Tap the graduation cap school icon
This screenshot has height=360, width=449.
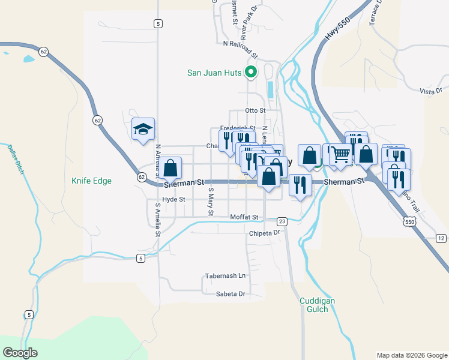click(x=143, y=128)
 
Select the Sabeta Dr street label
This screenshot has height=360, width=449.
click(x=231, y=294)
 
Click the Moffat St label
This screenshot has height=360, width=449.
click(x=244, y=217)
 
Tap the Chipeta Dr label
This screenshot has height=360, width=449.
click(x=265, y=233)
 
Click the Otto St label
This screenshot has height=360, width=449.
click(x=255, y=111)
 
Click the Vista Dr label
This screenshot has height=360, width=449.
click(x=430, y=91)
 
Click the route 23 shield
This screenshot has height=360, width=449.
click(x=282, y=221)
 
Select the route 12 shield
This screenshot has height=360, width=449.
click(x=441, y=239)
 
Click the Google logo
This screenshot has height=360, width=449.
click(x=20, y=352)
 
